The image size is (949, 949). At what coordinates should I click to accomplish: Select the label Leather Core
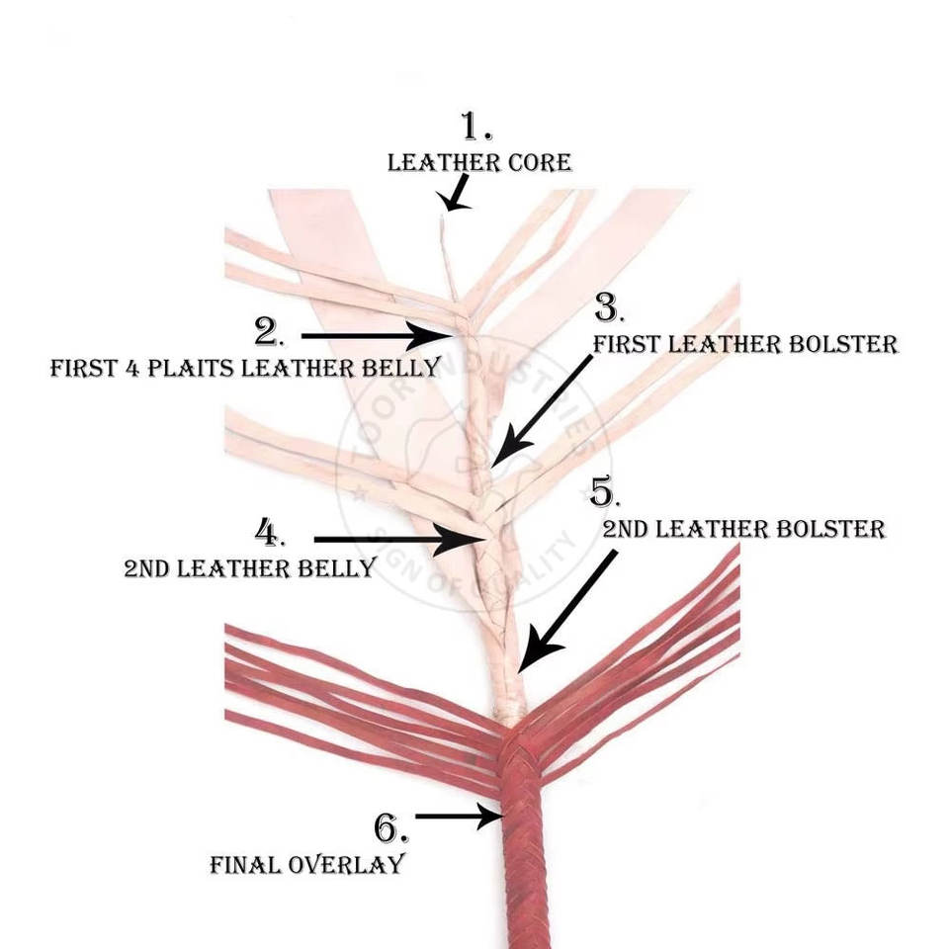tap(479, 162)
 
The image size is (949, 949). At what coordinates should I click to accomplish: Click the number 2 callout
tap(268, 332)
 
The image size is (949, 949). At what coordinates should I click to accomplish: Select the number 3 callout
tap(607, 308)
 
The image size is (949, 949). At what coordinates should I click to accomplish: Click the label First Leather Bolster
tap(744, 344)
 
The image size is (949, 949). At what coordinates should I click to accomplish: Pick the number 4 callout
tap(270, 533)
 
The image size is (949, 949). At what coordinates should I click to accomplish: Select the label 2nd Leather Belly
tap(249, 568)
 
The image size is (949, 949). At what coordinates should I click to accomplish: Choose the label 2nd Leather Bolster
tap(743, 529)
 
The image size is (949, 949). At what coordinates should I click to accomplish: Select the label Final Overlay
tap(307, 864)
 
